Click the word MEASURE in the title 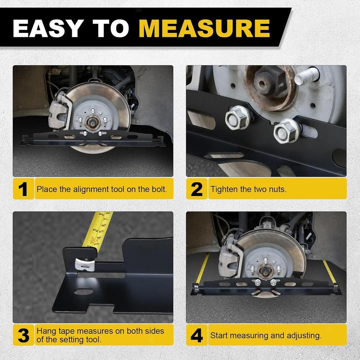204,28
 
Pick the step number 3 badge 23,335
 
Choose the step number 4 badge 197,335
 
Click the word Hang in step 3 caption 46,330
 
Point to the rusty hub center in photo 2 268,82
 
